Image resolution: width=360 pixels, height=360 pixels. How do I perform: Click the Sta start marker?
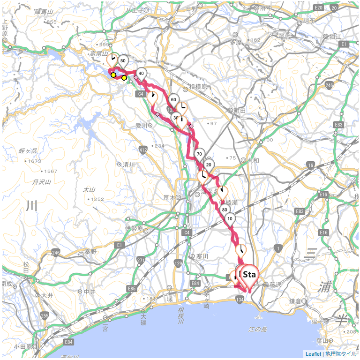pyautogui.click(x=249, y=275)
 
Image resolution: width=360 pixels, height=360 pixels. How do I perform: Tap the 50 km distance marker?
pyautogui.click(x=123, y=61)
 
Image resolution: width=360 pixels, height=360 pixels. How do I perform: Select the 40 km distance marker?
pyautogui.click(x=141, y=73)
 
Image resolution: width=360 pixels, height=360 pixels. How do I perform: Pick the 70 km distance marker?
pyautogui.click(x=199, y=154)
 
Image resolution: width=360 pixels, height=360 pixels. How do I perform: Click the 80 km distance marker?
pyautogui.click(x=225, y=210)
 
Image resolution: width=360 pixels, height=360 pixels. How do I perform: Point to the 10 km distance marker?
pyautogui.click(x=230, y=218)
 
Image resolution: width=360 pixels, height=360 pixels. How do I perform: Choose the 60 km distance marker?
pyautogui.click(x=173, y=99)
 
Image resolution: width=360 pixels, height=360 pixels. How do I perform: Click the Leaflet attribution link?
pyautogui.click(x=313, y=354)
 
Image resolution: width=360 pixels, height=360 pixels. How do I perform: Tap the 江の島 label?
pyautogui.click(x=258, y=330)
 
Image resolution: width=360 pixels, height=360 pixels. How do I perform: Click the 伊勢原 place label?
pyautogui.click(x=134, y=228)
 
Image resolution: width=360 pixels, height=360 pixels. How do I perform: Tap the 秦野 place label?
pyautogui.click(x=90, y=252)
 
